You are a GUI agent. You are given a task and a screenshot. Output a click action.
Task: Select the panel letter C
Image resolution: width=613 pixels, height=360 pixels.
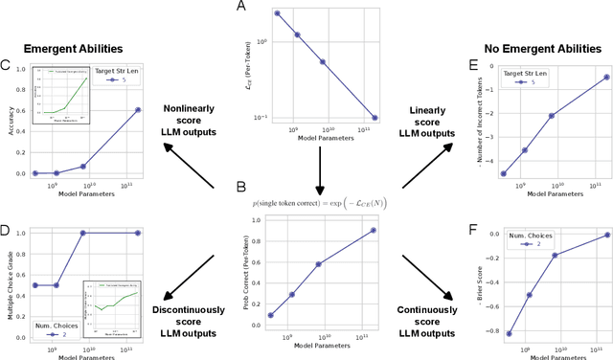[x=7, y=65]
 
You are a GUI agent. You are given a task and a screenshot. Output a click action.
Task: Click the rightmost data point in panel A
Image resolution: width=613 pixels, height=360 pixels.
[x=375, y=118]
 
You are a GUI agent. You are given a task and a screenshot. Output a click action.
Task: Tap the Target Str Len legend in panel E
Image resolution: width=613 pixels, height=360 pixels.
[x=504, y=78]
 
